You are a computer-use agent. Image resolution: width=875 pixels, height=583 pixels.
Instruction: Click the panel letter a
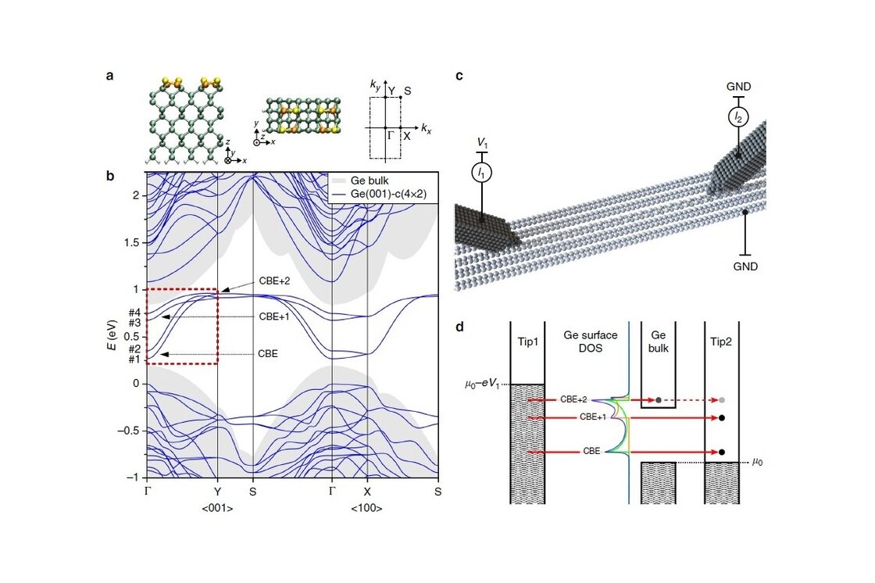click(110, 76)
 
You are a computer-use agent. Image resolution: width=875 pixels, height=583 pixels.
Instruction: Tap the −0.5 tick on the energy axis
click(129, 431)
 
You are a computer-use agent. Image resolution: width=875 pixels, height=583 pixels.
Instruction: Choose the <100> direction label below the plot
click(366, 509)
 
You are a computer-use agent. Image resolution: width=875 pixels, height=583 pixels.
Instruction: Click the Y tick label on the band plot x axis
click(216, 492)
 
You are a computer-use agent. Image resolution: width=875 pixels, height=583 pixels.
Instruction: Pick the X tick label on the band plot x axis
click(367, 492)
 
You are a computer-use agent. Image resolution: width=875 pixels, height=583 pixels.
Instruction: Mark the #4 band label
click(134, 313)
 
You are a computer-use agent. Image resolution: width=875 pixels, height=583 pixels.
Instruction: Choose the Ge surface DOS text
click(591, 341)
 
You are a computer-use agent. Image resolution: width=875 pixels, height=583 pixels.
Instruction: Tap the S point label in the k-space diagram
click(408, 91)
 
